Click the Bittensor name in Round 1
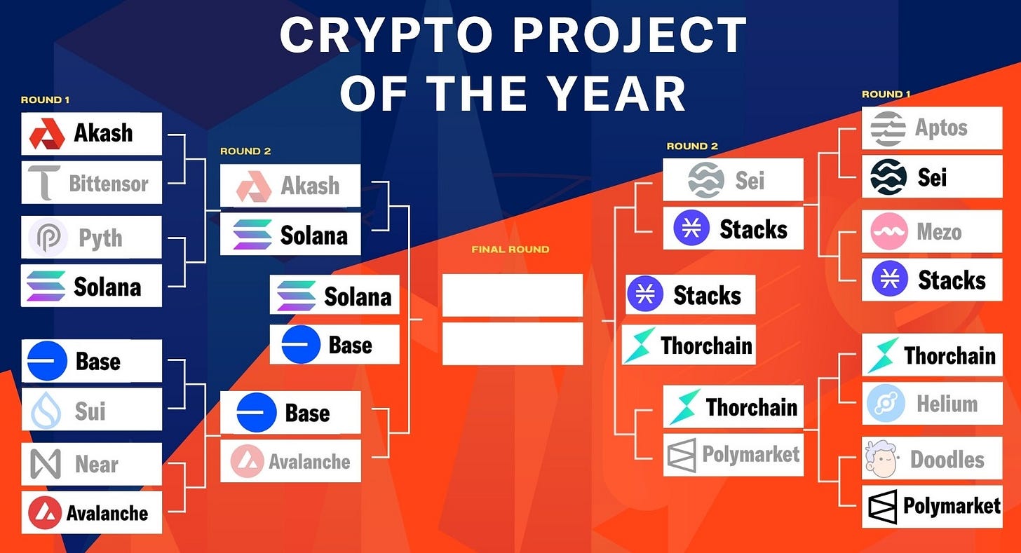coord(109,184)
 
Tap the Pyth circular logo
coord(48,238)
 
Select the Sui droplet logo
coord(46,410)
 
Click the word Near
coord(97,464)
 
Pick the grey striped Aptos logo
coord(888,129)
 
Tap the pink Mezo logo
coord(888,231)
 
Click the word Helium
coord(947,404)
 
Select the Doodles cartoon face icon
coord(881,458)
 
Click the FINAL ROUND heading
coord(510,250)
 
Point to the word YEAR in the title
coord(616,93)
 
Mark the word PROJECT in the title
coord(630,35)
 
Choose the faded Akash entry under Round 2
coord(290,186)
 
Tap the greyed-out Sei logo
coord(705,180)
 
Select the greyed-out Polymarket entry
coord(733,455)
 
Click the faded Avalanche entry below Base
coord(290,461)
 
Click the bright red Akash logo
coord(47,134)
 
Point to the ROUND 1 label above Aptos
coord(886,95)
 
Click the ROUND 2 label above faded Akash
coord(245,151)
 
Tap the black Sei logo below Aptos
coord(888,177)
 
